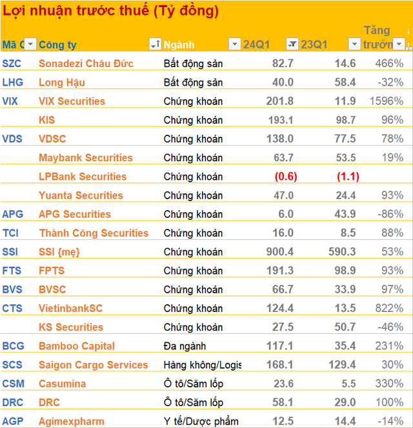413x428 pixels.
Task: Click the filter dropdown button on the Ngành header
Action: pos(234,44)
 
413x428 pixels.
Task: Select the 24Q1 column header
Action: pos(256,44)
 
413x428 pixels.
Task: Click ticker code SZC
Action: pos(12,63)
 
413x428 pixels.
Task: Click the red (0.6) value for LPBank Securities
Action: pos(285,177)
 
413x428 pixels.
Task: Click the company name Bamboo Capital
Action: pos(77,346)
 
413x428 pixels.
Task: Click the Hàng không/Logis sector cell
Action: pos(202,365)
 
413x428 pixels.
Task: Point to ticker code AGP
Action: pos(13,422)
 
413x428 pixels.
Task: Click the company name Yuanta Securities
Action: pos(81,195)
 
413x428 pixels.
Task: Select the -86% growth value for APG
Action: pos(390,214)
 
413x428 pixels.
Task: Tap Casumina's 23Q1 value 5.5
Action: pos(348,384)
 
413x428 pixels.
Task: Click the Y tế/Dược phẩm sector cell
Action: pos(201,422)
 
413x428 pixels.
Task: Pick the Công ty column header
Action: pos(58,44)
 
